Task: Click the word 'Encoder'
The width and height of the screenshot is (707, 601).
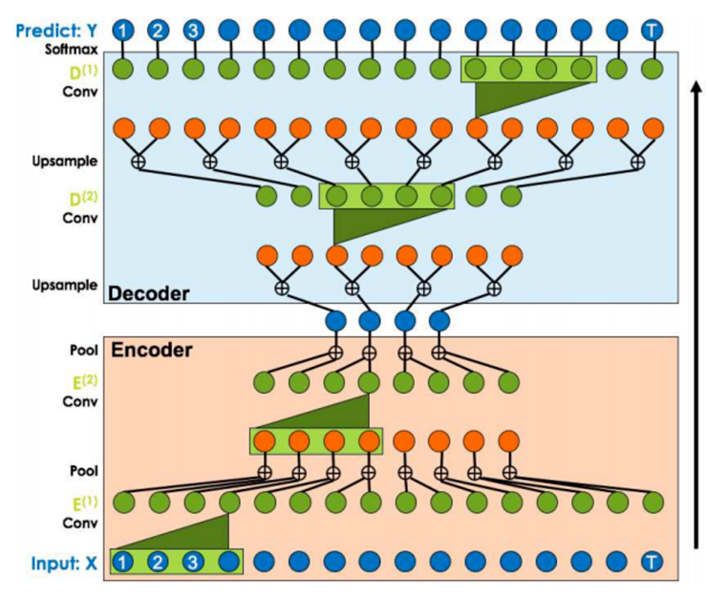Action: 153,350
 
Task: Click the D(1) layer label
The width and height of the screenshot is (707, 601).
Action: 84,69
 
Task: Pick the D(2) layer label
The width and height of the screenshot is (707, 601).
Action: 84,198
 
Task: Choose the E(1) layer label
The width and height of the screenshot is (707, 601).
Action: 84,503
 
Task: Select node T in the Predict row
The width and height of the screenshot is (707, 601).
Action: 653,31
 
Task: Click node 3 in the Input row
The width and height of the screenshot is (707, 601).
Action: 193,562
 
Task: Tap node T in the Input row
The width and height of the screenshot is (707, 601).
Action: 653,562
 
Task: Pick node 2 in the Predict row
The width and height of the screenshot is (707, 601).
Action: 158,31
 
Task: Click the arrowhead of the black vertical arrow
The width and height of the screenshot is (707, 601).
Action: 696,88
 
